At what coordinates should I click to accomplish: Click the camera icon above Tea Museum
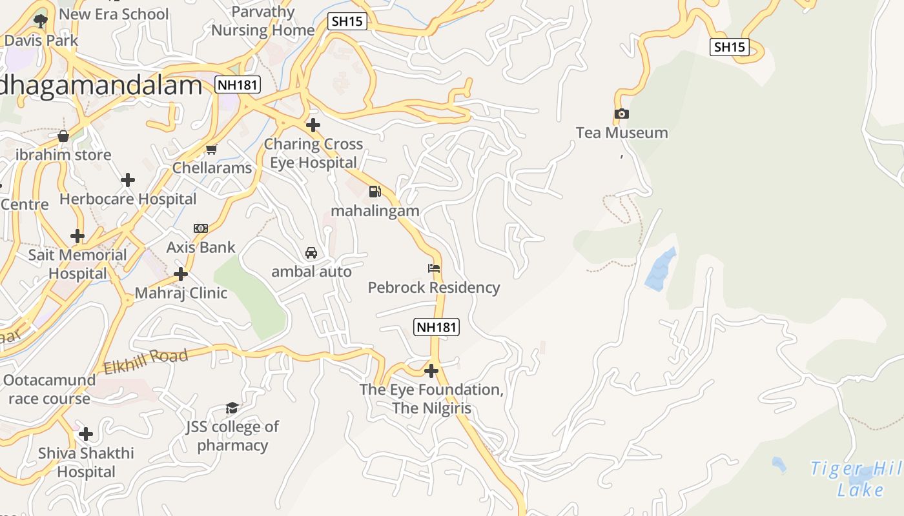click(x=621, y=114)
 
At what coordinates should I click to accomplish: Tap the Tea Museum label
click(x=622, y=133)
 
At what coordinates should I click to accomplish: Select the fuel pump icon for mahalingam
click(x=375, y=192)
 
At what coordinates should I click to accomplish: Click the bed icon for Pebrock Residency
click(x=434, y=268)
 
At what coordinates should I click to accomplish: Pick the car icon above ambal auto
click(x=311, y=252)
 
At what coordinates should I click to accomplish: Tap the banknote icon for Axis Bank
click(x=201, y=228)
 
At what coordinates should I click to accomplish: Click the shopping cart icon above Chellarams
click(x=211, y=149)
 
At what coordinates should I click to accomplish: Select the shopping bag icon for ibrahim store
click(x=63, y=136)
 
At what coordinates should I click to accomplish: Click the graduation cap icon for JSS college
click(x=232, y=408)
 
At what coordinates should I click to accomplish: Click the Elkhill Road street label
click(x=146, y=361)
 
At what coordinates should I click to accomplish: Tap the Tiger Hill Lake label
click(x=856, y=479)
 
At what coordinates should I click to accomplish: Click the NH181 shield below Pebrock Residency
click(x=437, y=327)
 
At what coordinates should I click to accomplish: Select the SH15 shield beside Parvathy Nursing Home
click(x=347, y=21)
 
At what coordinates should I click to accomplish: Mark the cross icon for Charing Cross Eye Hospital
click(x=313, y=124)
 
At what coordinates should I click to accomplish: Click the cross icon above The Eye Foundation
click(x=431, y=371)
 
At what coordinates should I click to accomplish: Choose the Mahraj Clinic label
click(x=181, y=293)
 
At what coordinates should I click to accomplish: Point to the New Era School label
click(x=114, y=14)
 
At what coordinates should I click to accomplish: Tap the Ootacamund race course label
click(x=49, y=389)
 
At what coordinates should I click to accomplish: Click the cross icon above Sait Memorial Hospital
click(x=77, y=236)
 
